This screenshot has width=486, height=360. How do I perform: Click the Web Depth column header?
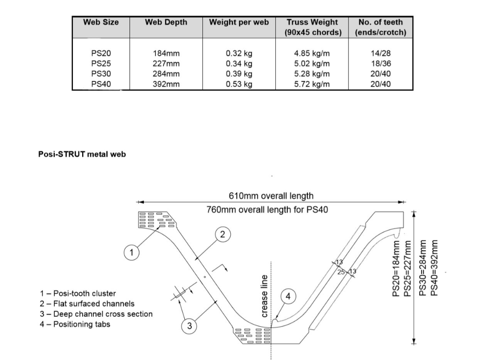(166, 22)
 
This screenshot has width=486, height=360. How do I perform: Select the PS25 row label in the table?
(101, 64)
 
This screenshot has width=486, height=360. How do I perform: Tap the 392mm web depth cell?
(166, 84)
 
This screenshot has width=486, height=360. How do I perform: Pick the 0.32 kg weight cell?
(239, 53)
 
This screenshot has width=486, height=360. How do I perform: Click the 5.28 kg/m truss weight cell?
(312, 74)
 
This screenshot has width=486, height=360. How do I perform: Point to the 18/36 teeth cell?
(381, 64)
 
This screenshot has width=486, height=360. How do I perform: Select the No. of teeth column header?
(381, 27)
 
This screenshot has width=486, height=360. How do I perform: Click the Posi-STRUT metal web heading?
(82, 154)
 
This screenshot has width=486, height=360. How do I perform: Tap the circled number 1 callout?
(131, 252)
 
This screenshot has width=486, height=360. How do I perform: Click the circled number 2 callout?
(222, 235)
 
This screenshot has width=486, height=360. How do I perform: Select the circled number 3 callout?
(189, 326)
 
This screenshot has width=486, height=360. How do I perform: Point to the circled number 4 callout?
(288, 296)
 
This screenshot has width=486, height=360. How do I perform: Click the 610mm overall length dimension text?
(271, 196)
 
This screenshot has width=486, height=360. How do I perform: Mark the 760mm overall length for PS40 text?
(267, 210)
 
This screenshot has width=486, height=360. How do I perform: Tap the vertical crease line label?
(265, 296)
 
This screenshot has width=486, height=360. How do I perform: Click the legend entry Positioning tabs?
(75, 324)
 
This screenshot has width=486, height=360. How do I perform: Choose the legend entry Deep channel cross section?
(96, 314)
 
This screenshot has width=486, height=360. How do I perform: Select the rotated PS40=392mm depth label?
(435, 268)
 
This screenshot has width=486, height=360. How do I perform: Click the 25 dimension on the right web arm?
(341, 272)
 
